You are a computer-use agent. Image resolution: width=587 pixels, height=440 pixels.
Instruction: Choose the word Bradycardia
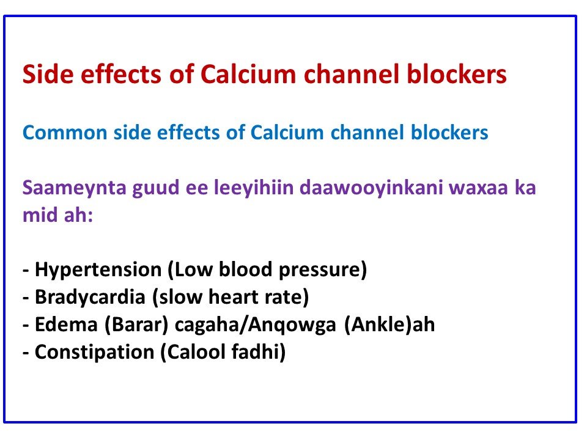(90, 297)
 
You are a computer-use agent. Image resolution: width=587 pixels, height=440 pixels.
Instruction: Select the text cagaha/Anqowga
(256, 324)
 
